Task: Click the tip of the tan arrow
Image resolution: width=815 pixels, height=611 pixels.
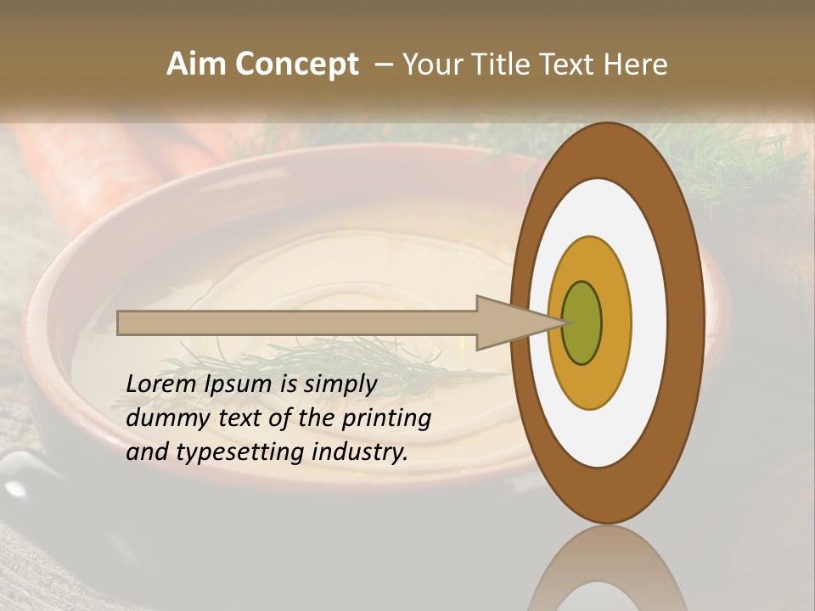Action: point(562,322)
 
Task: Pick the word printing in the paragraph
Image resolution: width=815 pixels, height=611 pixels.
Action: point(388,418)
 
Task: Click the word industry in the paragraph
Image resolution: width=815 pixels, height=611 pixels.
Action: point(359,451)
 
